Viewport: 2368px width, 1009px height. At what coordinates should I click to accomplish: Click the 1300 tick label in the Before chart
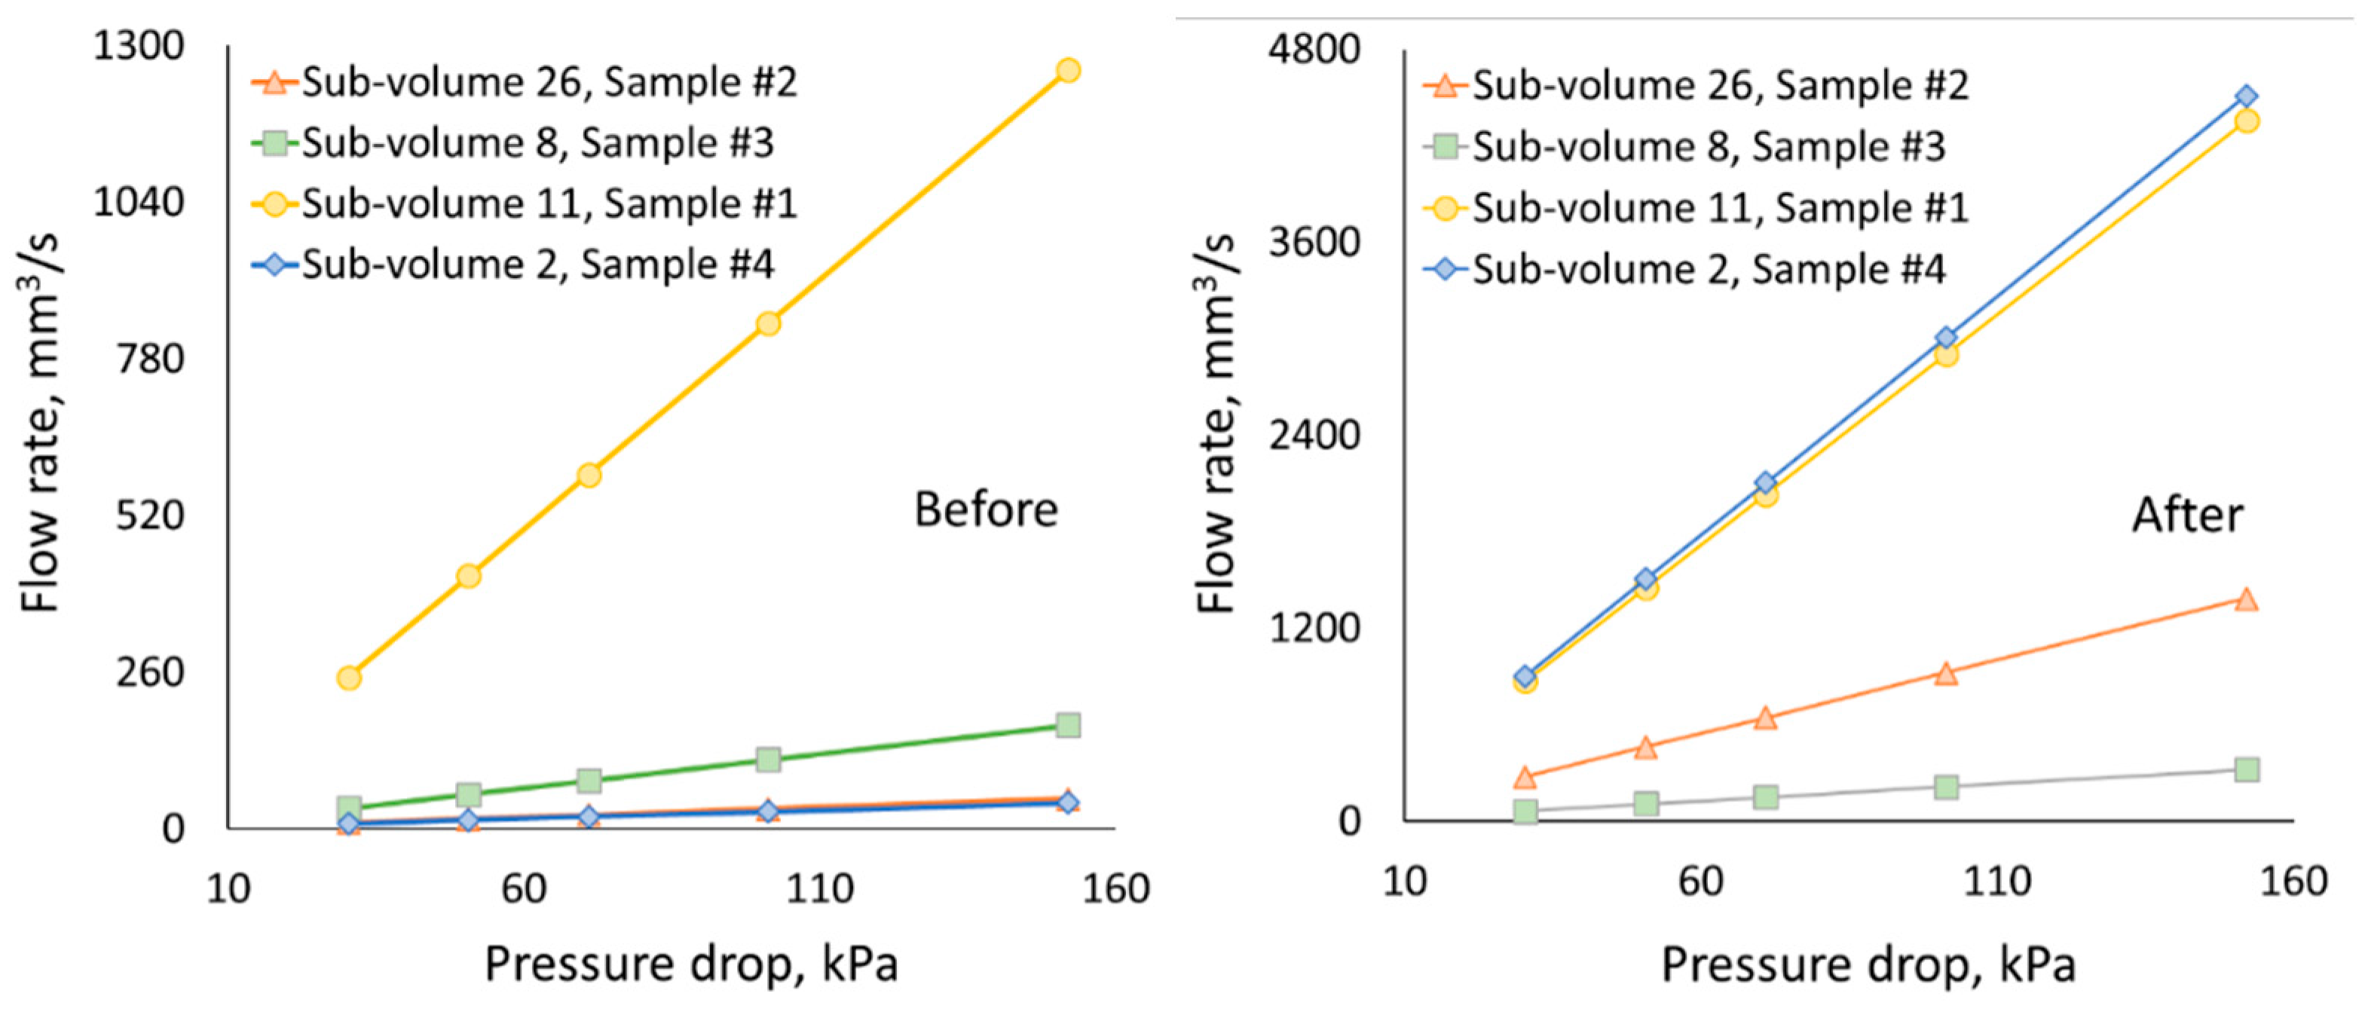coord(139,45)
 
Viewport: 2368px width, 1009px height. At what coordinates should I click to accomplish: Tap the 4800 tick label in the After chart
coord(1314,47)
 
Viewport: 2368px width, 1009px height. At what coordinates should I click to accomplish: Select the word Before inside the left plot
coord(986,509)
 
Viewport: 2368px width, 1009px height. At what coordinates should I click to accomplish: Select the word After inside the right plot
coord(2187,515)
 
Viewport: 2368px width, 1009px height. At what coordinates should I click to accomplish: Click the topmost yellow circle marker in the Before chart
coord(1067,70)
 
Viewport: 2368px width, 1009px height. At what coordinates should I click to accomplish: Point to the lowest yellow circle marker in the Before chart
coord(348,678)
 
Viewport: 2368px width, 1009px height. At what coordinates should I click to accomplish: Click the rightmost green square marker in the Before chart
coord(1067,725)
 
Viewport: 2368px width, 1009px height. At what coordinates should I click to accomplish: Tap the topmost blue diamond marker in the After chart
coord(2246,96)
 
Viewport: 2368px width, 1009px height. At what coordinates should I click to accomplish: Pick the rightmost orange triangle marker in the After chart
coord(2246,600)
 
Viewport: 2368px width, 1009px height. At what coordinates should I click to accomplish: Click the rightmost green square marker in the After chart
coord(2246,769)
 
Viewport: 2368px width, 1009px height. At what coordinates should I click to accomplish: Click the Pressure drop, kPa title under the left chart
coord(690,964)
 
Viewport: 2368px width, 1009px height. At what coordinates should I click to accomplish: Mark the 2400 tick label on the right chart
coord(1314,435)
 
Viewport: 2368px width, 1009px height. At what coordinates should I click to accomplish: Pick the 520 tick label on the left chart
coord(150,515)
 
